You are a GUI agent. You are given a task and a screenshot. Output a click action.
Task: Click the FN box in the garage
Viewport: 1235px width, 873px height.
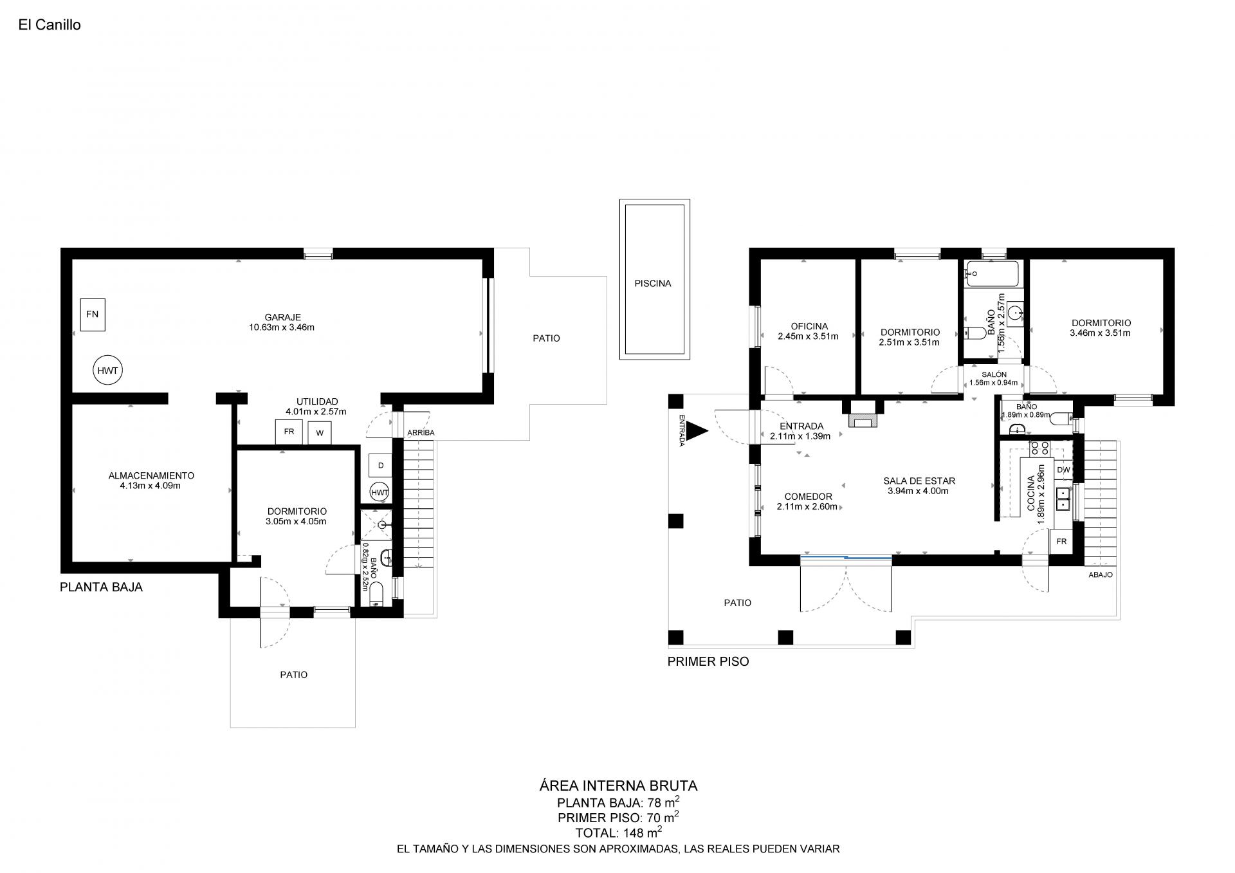point(93,315)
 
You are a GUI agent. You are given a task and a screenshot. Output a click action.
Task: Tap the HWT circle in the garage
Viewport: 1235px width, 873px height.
point(107,371)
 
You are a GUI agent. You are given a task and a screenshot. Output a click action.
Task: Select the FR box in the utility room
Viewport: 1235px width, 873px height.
point(289,432)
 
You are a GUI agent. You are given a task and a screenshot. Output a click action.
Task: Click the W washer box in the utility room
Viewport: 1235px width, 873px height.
point(320,433)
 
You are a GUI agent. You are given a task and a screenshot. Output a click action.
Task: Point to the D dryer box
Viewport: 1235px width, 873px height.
point(381,466)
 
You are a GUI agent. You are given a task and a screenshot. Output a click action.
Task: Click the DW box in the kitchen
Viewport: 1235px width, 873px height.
point(1063,470)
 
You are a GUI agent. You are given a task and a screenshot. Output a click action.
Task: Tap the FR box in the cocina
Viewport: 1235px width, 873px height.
point(1061,542)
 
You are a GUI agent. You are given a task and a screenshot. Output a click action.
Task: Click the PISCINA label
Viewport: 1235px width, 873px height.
point(653,283)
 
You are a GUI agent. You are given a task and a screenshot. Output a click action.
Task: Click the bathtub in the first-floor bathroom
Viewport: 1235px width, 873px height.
point(993,274)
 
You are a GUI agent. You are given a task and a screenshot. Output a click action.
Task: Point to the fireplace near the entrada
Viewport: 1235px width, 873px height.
point(863,414)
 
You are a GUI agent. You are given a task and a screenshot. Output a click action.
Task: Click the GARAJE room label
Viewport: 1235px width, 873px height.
point(282,317)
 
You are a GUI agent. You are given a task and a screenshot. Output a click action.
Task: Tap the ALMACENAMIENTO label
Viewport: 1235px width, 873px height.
point(151,475)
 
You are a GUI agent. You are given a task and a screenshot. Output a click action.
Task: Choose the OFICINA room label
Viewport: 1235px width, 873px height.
point(809,326)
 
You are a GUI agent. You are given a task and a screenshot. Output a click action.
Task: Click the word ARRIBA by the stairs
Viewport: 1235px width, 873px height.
point(421,433)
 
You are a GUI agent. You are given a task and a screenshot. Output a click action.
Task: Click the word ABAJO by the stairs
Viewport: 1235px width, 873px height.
point(1101,575)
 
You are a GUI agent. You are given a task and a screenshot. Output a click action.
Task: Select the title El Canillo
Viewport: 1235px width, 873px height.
point(50,25)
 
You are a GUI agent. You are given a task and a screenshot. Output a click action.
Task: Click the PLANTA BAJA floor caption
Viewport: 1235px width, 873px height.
point(101,587)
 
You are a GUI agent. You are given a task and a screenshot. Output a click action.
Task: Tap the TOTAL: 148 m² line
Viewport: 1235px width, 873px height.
point(619,832)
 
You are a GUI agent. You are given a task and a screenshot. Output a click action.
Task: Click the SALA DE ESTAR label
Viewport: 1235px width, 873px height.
point(919,481)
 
